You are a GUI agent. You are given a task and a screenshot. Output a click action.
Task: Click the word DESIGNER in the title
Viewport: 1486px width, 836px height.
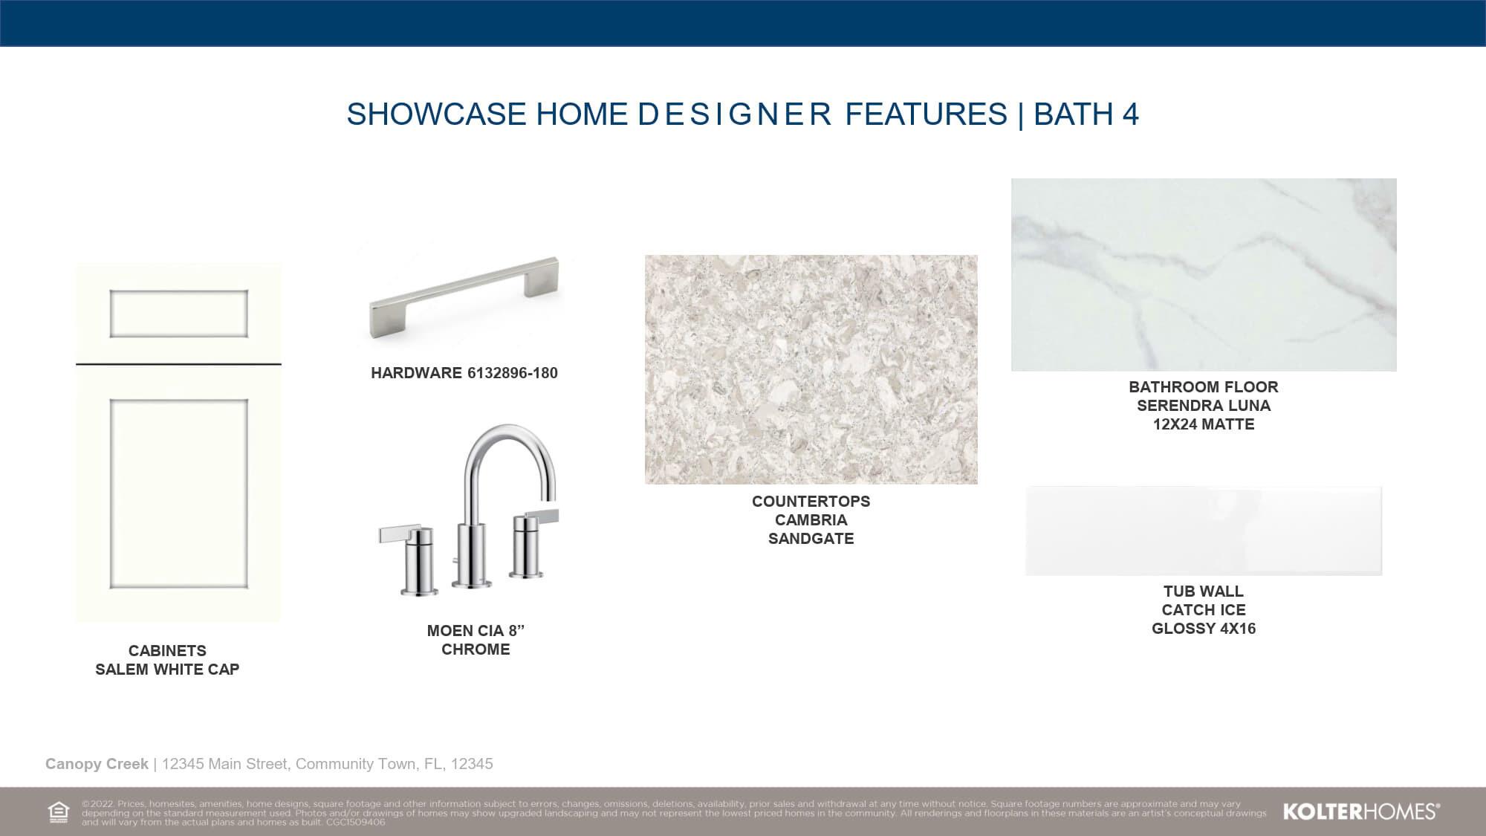coord(735,114)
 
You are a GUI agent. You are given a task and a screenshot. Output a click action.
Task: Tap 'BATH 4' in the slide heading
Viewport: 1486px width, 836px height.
coord(1086,114)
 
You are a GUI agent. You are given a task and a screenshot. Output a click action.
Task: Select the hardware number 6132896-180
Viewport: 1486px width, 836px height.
coord(512,373)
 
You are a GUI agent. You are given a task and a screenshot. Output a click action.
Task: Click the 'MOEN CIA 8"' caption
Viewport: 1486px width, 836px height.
coord(476,631)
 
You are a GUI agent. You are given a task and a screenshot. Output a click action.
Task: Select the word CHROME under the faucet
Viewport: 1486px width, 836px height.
coord(476,649)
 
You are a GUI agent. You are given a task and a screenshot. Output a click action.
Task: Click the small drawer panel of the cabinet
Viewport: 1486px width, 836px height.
coord(178,313)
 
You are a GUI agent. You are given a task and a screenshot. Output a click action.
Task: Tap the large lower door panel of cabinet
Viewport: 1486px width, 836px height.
coord(178,494)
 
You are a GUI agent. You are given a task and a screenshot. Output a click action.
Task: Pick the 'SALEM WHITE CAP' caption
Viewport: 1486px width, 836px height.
coord(167,670)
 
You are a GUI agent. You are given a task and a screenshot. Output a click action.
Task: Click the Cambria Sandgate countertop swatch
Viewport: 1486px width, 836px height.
coord(811,369)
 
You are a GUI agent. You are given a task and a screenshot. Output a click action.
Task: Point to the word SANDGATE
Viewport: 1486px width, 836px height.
coord(811,539)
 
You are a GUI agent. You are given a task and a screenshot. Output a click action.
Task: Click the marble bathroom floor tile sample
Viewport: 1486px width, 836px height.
coord(1204,275)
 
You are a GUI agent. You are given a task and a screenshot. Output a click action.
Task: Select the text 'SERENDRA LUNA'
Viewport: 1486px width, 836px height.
coord(1204,406)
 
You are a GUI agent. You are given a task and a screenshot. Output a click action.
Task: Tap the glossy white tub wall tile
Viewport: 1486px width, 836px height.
coord(1204,531)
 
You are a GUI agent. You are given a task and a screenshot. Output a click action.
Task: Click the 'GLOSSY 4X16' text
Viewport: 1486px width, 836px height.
coord(1204,629)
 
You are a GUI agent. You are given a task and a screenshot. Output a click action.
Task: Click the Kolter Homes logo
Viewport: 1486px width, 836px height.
coord(1362,811)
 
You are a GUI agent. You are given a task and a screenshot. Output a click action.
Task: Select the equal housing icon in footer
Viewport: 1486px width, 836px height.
coord(59,812)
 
